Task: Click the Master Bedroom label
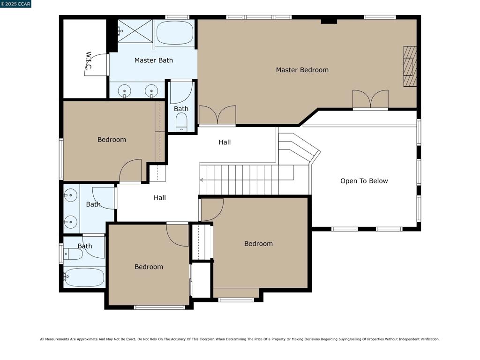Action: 302,70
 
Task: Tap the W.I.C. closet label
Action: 89,61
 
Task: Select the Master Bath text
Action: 153,60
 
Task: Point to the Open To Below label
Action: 364,181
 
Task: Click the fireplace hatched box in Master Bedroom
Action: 410,67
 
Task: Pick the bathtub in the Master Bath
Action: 175,33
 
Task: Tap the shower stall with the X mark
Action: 135,31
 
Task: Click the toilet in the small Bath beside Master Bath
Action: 181,121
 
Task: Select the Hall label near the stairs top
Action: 225,142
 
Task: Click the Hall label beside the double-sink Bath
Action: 160,198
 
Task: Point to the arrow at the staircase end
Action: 202,180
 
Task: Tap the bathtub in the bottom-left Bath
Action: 84,277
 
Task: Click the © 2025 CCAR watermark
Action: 15,4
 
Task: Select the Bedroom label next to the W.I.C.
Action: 112,140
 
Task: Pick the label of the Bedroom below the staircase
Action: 258,244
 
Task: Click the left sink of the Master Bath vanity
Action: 125,91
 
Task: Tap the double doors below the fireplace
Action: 370,99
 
